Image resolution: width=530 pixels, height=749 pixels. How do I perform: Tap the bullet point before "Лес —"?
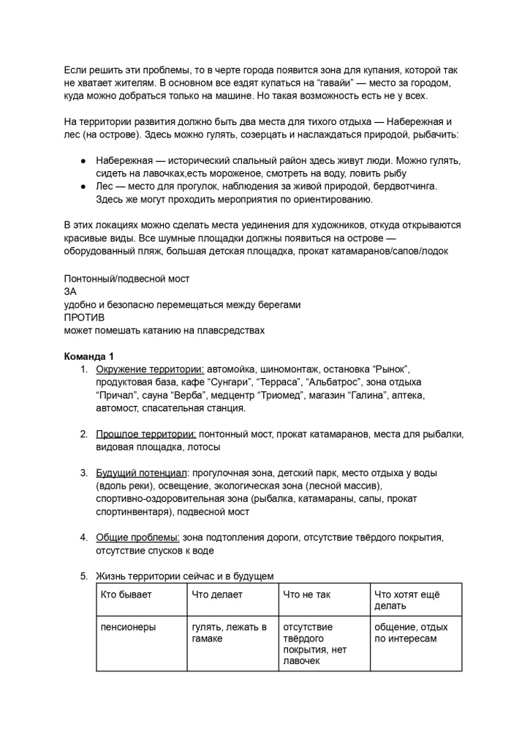pos(84,187)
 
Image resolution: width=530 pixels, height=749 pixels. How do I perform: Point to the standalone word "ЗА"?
pos(71,292)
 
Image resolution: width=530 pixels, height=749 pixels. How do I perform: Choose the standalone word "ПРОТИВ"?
pos(84,317)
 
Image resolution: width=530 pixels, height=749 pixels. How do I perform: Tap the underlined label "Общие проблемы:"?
pos(137,538)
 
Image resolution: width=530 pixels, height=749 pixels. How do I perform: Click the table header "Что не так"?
pos(306,595)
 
